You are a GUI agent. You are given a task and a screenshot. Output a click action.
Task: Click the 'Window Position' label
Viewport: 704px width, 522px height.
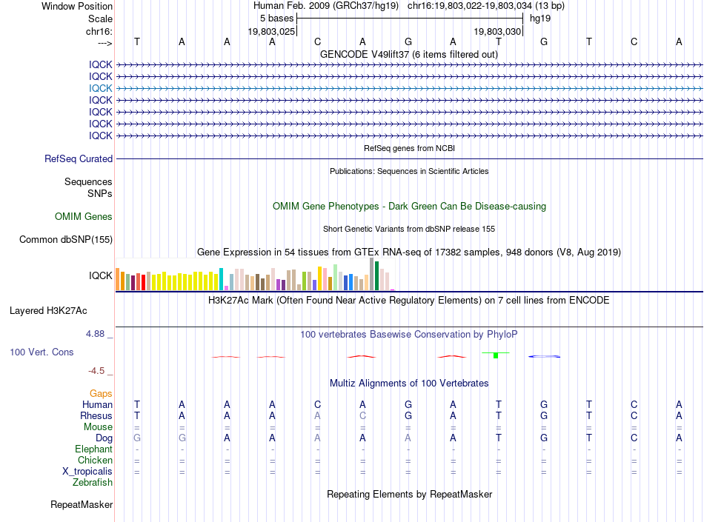coord(77,6)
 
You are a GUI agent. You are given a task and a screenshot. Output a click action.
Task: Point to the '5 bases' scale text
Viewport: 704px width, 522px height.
coord(276,19)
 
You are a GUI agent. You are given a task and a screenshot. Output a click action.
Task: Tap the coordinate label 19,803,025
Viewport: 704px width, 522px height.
coord(272,31)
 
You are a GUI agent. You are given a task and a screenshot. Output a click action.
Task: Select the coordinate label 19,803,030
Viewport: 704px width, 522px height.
coord(497,31)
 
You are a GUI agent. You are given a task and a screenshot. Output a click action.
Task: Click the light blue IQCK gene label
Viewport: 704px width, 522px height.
coord(101,88)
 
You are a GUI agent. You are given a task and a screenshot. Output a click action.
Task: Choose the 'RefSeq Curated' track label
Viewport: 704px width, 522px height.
coord(79,158)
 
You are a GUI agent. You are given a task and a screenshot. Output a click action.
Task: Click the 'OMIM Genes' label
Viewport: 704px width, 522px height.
coord(84,217)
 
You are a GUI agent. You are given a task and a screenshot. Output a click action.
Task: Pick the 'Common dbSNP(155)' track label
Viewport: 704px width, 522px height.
coord(66,239)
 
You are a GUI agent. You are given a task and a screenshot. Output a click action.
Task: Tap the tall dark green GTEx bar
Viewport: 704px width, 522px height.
coord(376,275)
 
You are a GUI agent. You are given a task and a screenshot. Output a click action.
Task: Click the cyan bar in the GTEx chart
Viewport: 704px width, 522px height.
coord(221,279)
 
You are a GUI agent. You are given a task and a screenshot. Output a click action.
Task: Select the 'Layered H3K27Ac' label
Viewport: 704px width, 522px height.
coord(48,311)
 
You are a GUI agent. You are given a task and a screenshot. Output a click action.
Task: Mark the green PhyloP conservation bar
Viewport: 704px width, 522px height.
coord(496,355)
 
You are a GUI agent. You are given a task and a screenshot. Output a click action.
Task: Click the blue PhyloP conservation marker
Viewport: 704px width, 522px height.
coord(544,357)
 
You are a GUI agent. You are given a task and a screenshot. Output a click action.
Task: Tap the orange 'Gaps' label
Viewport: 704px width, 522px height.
coord(101,394)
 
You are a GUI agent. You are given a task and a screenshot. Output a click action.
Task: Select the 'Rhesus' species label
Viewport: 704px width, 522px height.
coord(96,415)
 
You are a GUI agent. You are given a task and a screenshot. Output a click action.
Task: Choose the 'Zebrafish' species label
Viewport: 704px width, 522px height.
coord(93,483)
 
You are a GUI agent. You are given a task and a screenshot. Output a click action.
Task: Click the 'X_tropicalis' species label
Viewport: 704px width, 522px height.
coord(87,472)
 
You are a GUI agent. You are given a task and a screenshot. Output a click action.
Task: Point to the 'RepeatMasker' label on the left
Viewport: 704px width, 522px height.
coord(82,505)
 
